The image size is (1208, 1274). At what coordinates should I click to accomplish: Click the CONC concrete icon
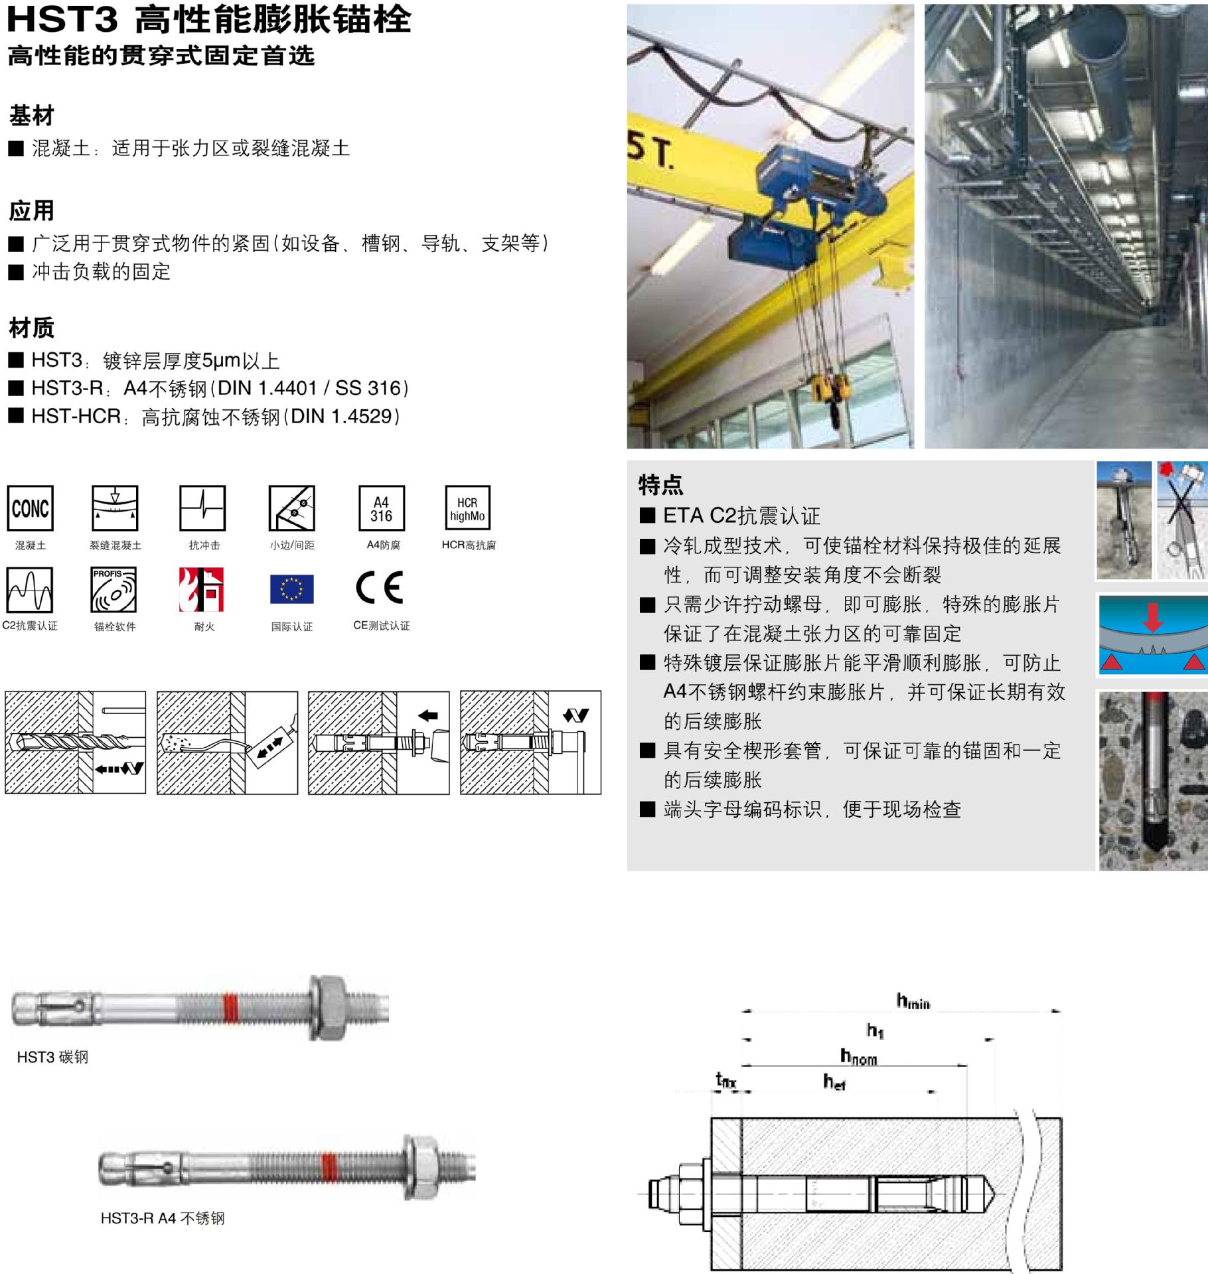click(x=30, y=508)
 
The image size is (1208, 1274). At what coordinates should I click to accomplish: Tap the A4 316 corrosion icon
click(x=381, y=508)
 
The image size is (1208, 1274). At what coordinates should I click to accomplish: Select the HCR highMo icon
click(x=467, y=508)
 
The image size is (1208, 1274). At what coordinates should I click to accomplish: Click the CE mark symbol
click(x=379, y=587)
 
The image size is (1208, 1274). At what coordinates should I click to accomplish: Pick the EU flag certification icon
click(x=291, y=589)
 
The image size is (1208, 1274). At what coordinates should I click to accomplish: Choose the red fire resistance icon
click(x=201, y=589)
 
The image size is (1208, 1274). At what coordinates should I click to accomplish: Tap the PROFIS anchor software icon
click(x=113, y=589)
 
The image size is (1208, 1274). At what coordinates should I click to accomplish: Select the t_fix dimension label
click(x=725, y=1080)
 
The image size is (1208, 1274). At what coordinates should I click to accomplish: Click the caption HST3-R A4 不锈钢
click(x=163, y=1218)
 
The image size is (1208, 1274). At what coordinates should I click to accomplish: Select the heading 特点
click(x=660, y=484)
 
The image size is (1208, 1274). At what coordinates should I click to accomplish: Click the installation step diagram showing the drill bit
click(x=75, y=742)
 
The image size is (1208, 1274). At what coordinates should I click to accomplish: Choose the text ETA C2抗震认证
click(x=741, y=516)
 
